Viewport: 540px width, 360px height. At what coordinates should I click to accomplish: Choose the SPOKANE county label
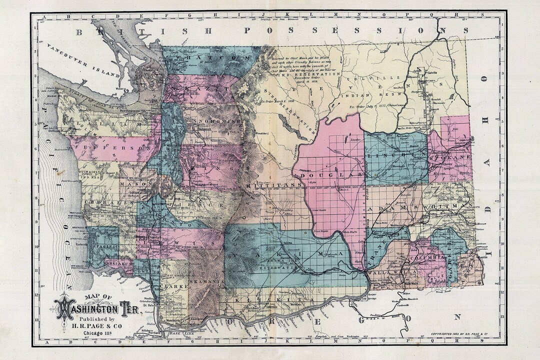[x=450, y=157]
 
